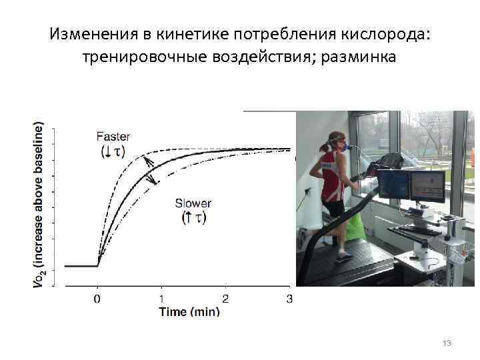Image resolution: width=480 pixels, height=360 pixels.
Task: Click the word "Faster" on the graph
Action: (x=113, y=137)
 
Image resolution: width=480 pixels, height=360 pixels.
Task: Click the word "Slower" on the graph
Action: (x=193, y=203)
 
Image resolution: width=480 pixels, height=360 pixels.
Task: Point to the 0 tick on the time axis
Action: (x=97, y=299)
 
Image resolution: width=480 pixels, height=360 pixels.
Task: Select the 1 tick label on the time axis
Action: (x=161, y=299)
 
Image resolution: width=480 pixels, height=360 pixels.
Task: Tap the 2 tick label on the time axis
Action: (x=225, y=299)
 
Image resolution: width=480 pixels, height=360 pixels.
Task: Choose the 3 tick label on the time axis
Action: (x=289, y=299)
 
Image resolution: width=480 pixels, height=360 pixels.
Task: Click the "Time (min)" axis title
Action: (x=189, y=311)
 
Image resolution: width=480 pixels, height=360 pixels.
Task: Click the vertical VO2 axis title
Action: (x=39, y=205)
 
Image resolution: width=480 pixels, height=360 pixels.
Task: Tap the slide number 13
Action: (x=447, y=343)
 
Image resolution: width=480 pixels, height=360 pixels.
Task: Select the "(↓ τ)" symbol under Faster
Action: (x=113, y=151)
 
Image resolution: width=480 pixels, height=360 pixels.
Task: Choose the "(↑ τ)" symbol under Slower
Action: (x=194, y=218)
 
